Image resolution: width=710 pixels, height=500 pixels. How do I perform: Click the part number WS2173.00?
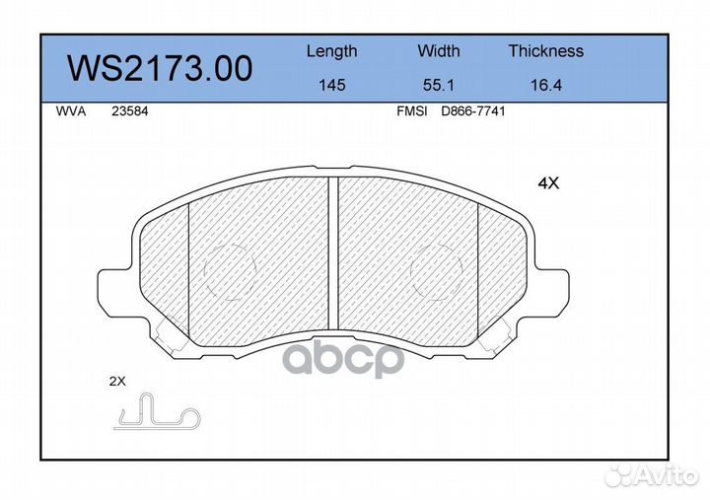(x=160, y=68)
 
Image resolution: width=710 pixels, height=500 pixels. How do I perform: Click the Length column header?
(x=332, y=52)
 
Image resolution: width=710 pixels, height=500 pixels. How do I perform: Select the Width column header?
(x=438, y=50)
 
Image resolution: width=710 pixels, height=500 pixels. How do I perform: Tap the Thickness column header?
(x=545, y=50)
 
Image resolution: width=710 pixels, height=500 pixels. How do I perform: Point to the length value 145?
(x=332, y=85)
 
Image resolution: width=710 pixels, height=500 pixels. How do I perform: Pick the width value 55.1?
(x=438, y=85)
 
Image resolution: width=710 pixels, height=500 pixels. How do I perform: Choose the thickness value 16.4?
(x=546, y=85)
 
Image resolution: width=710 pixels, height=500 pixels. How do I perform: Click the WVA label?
(x=71, y=111)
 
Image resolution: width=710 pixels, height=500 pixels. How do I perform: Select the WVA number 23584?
(x=129, y=111)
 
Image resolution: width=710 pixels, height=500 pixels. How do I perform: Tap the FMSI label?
(x=411, y=111)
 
